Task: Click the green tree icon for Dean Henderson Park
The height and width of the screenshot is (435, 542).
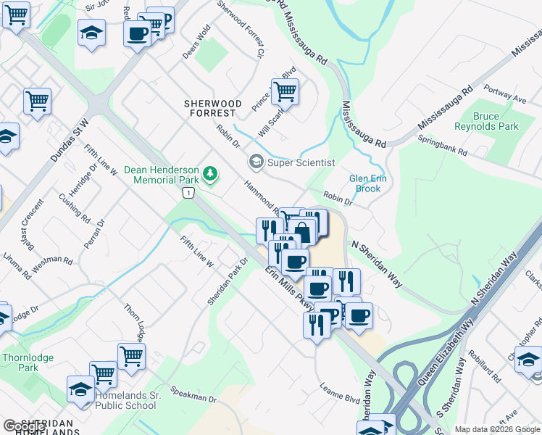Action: pyautogui.click(x=210, y=173)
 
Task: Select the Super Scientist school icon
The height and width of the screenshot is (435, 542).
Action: pyautogui.click(x=256, y=162)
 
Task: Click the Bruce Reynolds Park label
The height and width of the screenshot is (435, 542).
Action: pyautogui.click(x=486, y=121)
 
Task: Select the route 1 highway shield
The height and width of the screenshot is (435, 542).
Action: pyautogui.click(x=188, y=192)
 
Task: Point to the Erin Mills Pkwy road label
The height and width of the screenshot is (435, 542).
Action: pyautogui.click(x=288, y=289)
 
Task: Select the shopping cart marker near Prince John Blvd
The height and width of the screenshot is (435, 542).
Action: pyautogui.click(x=285, y=91)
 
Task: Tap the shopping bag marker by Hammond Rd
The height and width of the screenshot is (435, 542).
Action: pyautogui.click(x=304, y=231)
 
